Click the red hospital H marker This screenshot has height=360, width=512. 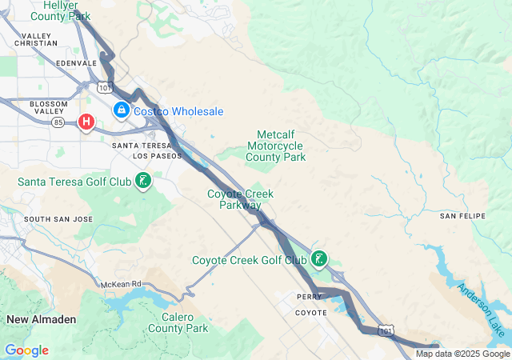click(x=86, y=122)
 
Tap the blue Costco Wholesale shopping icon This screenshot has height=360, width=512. click(x=121, y=110)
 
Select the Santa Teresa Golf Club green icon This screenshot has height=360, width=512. click(x=142, y=181)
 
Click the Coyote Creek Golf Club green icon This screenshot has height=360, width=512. click(x=319, y=258)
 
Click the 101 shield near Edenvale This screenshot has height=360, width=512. click(x=105, y=86)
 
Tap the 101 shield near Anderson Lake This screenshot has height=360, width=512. click(x=387, y=330)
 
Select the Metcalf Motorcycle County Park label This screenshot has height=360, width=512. click(x=276, y=146)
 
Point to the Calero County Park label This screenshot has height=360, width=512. click(x=178, y=322)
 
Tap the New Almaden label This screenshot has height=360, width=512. click(x=42, y=319)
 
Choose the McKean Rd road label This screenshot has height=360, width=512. click(x=121, y=284)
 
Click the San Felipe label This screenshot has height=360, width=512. click(x=459, y=216)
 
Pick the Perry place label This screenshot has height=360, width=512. click(x=309, y=296)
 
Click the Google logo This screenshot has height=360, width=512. click(x=26, y=350)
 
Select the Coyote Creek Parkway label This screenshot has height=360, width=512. click(x=241, y=199)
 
